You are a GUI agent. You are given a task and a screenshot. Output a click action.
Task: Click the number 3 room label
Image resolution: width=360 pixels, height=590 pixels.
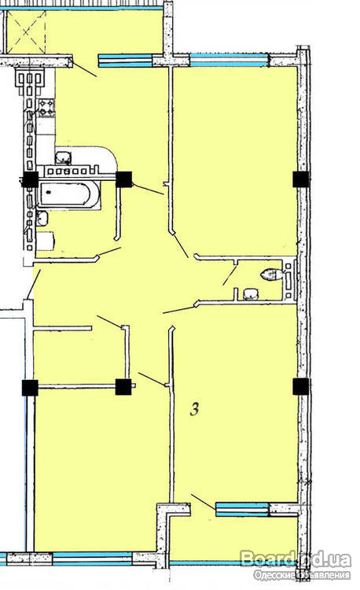(x=194, y=409)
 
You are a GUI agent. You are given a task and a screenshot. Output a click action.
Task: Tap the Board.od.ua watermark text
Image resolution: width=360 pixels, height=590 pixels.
(x=296, y=559)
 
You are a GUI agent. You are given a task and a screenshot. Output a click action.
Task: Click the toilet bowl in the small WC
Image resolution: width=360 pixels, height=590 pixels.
(x=271, y=275)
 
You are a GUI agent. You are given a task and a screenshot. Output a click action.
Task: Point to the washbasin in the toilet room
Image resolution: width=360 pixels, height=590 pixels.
(x=250, y=294)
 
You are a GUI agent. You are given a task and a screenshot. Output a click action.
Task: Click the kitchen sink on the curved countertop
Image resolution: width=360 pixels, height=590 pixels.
(x=64, y=157)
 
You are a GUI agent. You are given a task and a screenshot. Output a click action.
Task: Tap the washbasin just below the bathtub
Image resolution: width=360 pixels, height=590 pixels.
(x=42, y=217)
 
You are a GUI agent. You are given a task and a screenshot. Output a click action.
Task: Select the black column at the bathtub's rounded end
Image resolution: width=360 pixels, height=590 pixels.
(x=123, y=179)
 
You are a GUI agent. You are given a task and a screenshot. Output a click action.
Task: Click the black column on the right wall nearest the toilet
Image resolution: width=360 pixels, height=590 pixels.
(x=301, y=179)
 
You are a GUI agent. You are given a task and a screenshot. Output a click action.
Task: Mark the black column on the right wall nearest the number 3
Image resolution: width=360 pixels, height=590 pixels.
(x=301, y=386)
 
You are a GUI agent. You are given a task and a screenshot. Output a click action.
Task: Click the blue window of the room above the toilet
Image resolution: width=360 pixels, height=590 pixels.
(x=230, y=60)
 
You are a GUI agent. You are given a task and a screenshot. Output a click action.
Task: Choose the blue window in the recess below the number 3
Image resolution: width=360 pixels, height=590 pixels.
(x=242, y=509)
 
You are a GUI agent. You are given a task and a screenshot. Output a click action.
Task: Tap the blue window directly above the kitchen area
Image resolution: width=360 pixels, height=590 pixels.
(x=125, y=61)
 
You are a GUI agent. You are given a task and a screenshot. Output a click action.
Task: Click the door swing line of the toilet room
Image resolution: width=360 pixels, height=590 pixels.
(x=230, y=275)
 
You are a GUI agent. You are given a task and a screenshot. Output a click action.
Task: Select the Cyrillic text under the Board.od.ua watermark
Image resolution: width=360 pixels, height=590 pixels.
(x=302, y=575)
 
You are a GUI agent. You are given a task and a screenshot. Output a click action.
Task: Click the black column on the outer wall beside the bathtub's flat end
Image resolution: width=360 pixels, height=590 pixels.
(x=30, y=179)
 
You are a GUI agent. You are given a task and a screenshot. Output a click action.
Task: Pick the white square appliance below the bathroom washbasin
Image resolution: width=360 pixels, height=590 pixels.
(x=46, y=242)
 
